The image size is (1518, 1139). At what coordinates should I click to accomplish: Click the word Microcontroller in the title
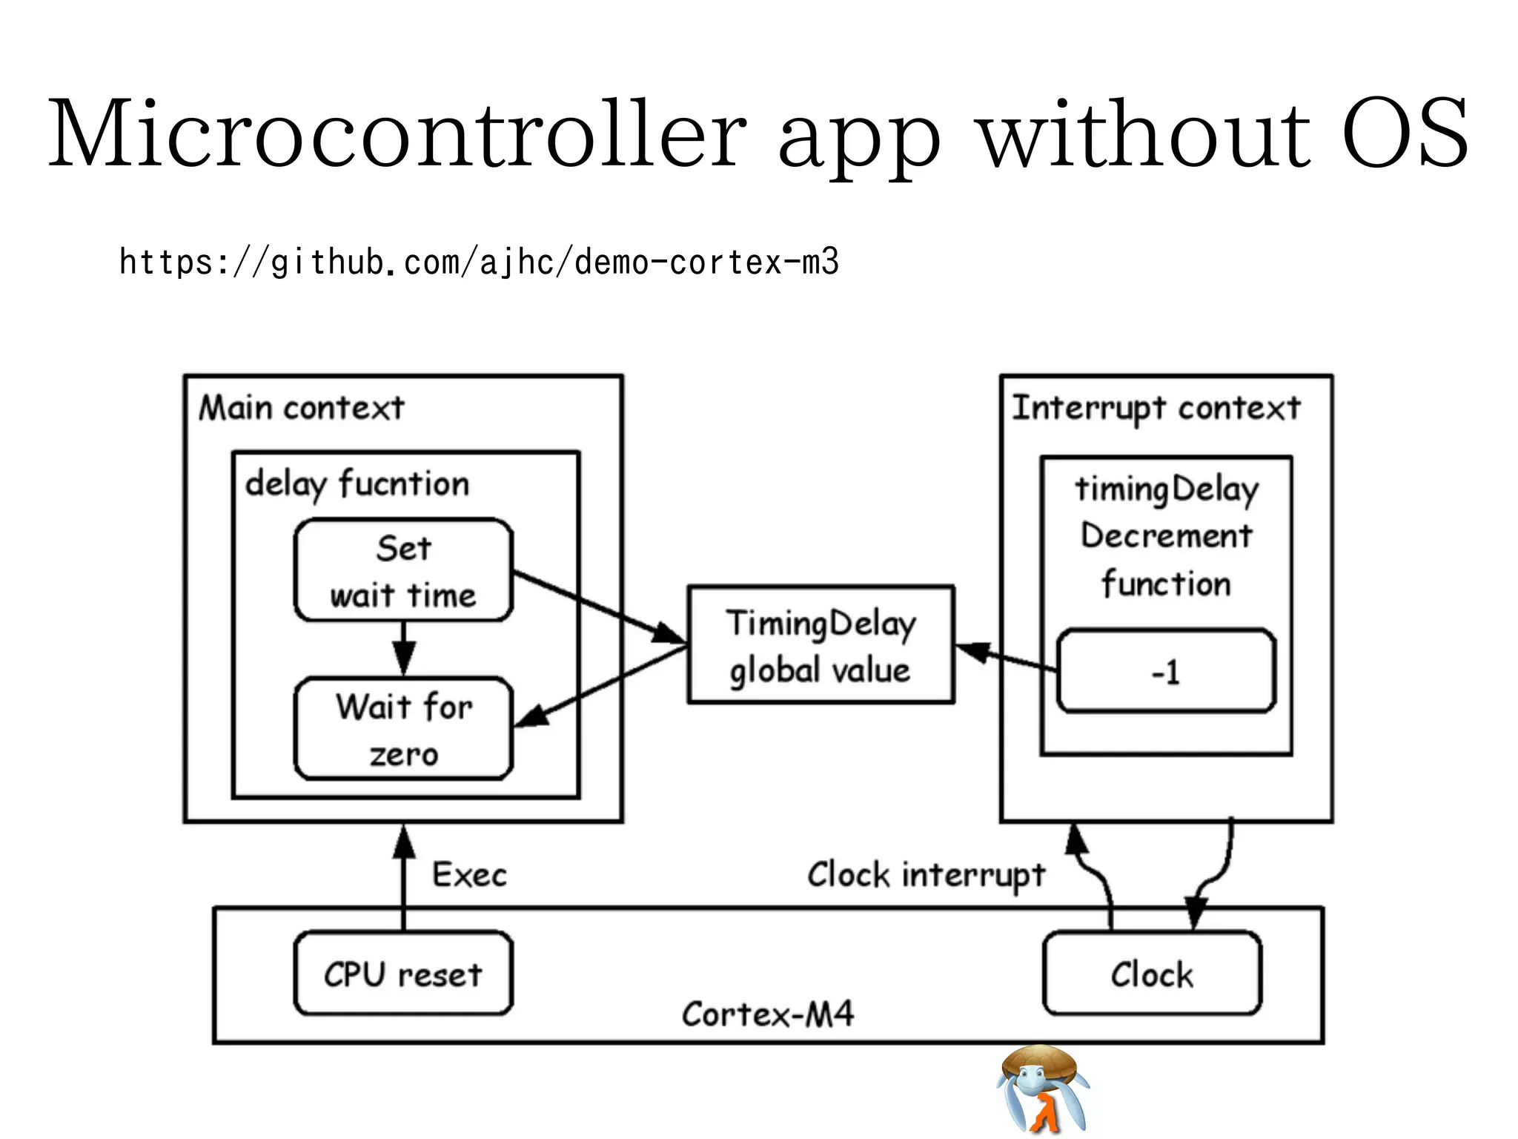click(x=397, y=133)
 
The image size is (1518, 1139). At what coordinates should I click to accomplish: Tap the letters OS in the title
click(x=1405, y=133)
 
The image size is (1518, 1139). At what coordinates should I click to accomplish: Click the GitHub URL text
click(x=479, y=263)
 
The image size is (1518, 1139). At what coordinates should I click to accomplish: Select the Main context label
click(x=302, y=408)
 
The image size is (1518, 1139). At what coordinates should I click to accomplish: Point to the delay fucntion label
click(x=357, y=484)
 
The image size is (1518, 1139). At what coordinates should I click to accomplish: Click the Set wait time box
click(x=403, y=571)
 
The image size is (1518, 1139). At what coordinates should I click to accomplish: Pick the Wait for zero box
click(x=403, y=729)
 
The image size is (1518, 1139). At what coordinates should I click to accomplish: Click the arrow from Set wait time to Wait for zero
click(x=403, y=648)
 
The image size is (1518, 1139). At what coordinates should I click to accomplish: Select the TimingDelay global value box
click(x=821, y=645)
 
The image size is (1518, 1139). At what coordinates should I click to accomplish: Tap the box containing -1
click(x=1166, y=672)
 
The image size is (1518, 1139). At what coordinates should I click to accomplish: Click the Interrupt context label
click(x=1156, y=408)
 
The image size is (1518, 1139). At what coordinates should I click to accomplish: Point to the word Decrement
click(x=1166, y=536)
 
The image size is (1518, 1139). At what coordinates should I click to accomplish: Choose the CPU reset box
click(x=403, y=974)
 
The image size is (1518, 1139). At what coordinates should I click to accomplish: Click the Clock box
click(x=1152, y=974)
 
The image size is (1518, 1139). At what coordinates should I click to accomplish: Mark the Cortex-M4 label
click(x=768, y=1014)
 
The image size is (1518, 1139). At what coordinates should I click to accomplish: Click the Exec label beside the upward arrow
click(x=470, y=875)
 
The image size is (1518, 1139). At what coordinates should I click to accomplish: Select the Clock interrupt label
click(x=926, y=875)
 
